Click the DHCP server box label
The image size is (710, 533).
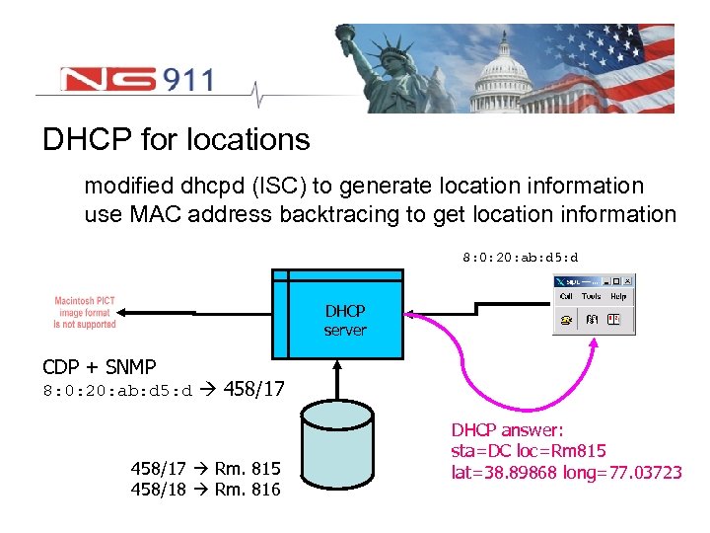coord(345,321)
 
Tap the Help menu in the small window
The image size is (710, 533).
coord(618,295)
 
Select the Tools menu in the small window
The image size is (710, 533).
coord(592,295)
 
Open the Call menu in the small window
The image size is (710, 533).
coord(566,295)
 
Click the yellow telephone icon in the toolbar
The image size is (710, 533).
coord(566,319)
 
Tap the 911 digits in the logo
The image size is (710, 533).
coord(181,79)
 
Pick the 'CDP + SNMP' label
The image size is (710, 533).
coord(100,367)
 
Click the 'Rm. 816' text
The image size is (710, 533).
coord(248,490)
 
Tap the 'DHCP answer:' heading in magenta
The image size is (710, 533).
coord(507,430)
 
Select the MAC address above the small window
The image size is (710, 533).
coord(521,258)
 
